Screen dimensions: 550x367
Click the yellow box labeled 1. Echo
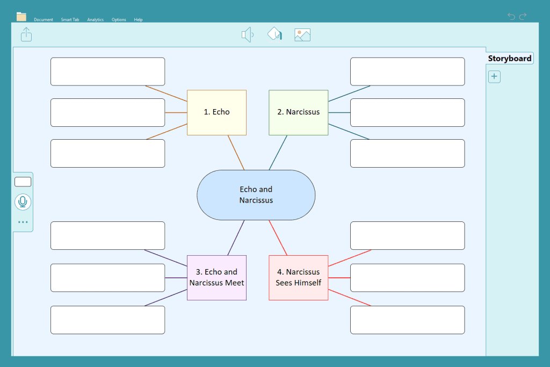216,112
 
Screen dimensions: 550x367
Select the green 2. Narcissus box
299,112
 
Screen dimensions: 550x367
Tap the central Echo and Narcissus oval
256,195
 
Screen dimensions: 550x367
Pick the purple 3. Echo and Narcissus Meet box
216,277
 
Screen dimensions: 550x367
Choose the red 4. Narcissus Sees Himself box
299,277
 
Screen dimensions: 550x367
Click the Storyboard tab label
510,58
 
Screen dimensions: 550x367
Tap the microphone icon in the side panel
23,202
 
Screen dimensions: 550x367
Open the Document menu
44,20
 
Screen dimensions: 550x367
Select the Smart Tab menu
70,20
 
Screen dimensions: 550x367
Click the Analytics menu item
96,20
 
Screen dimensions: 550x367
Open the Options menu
119,20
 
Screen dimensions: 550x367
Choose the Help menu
138,20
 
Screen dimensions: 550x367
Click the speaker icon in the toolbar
247,35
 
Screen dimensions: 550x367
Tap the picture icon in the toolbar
302,35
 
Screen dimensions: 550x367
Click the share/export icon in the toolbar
26,34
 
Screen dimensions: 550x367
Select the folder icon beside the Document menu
21,17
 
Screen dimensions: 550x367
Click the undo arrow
511,16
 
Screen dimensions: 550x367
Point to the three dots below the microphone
23,222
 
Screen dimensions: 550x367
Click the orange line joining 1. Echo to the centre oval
236,153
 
